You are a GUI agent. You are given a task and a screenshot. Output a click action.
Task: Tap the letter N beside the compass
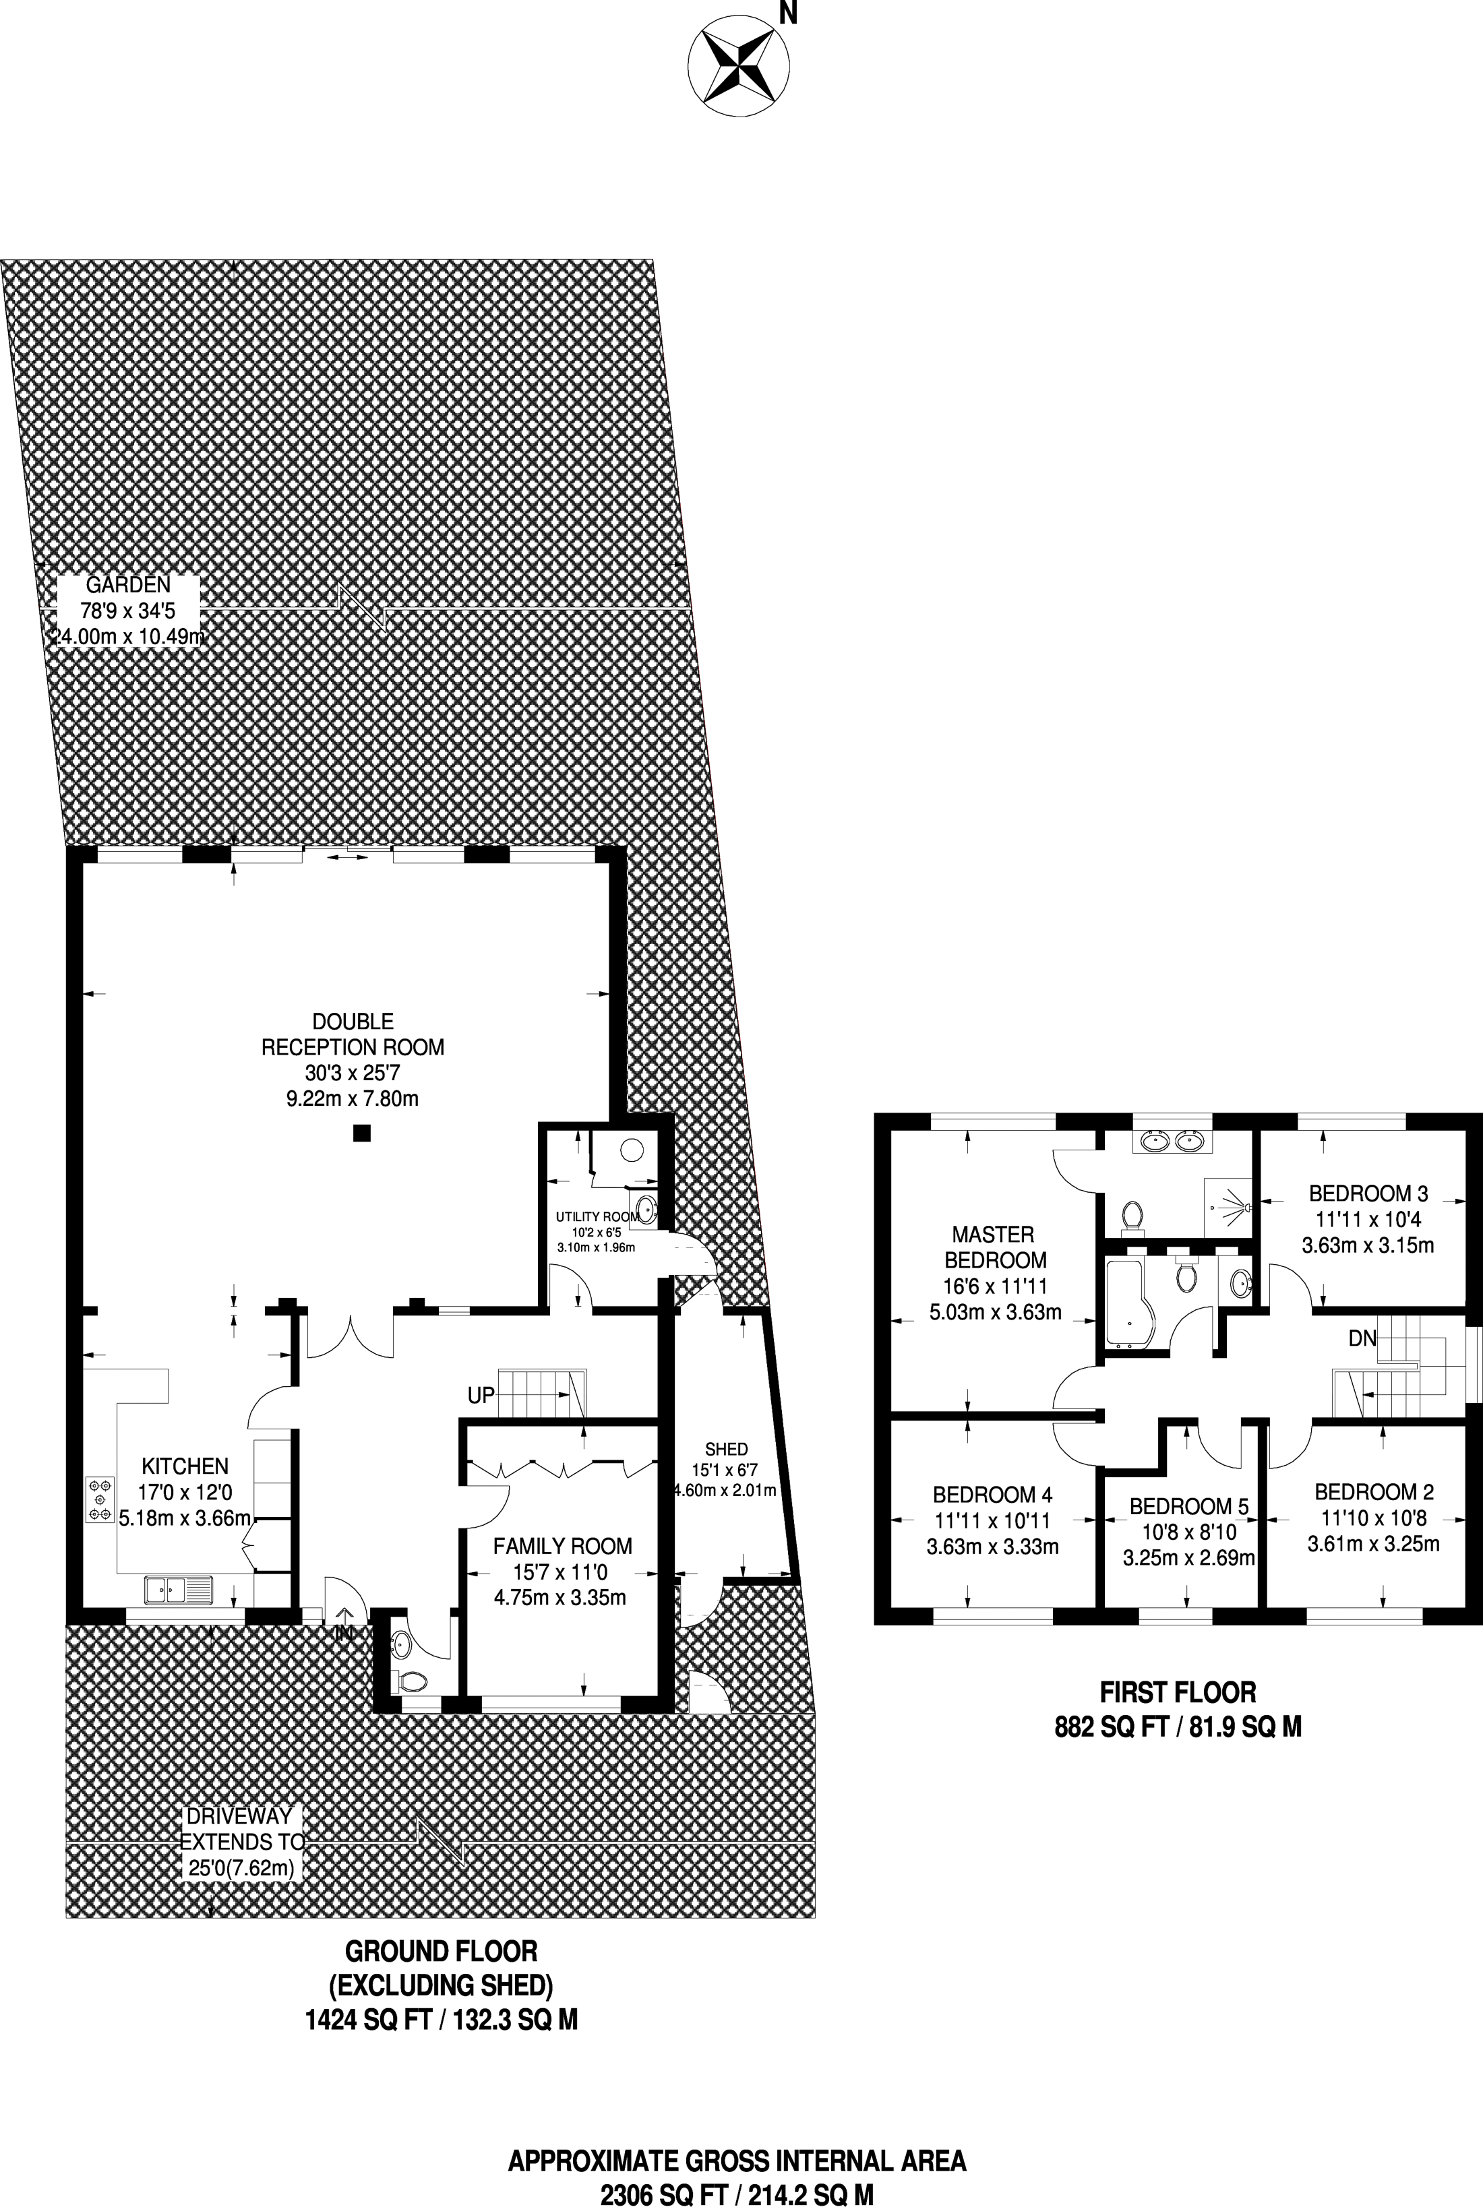786,12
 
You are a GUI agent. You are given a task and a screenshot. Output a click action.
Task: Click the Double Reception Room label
353,1060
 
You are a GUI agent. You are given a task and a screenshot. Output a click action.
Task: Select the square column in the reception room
361,1132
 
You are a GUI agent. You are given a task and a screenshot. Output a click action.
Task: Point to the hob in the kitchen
98,1499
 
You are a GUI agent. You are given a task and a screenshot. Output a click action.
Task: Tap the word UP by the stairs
481,1396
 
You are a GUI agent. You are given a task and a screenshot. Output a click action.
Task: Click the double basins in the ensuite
1172,1140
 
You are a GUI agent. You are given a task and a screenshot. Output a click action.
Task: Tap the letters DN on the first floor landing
1362,1339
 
